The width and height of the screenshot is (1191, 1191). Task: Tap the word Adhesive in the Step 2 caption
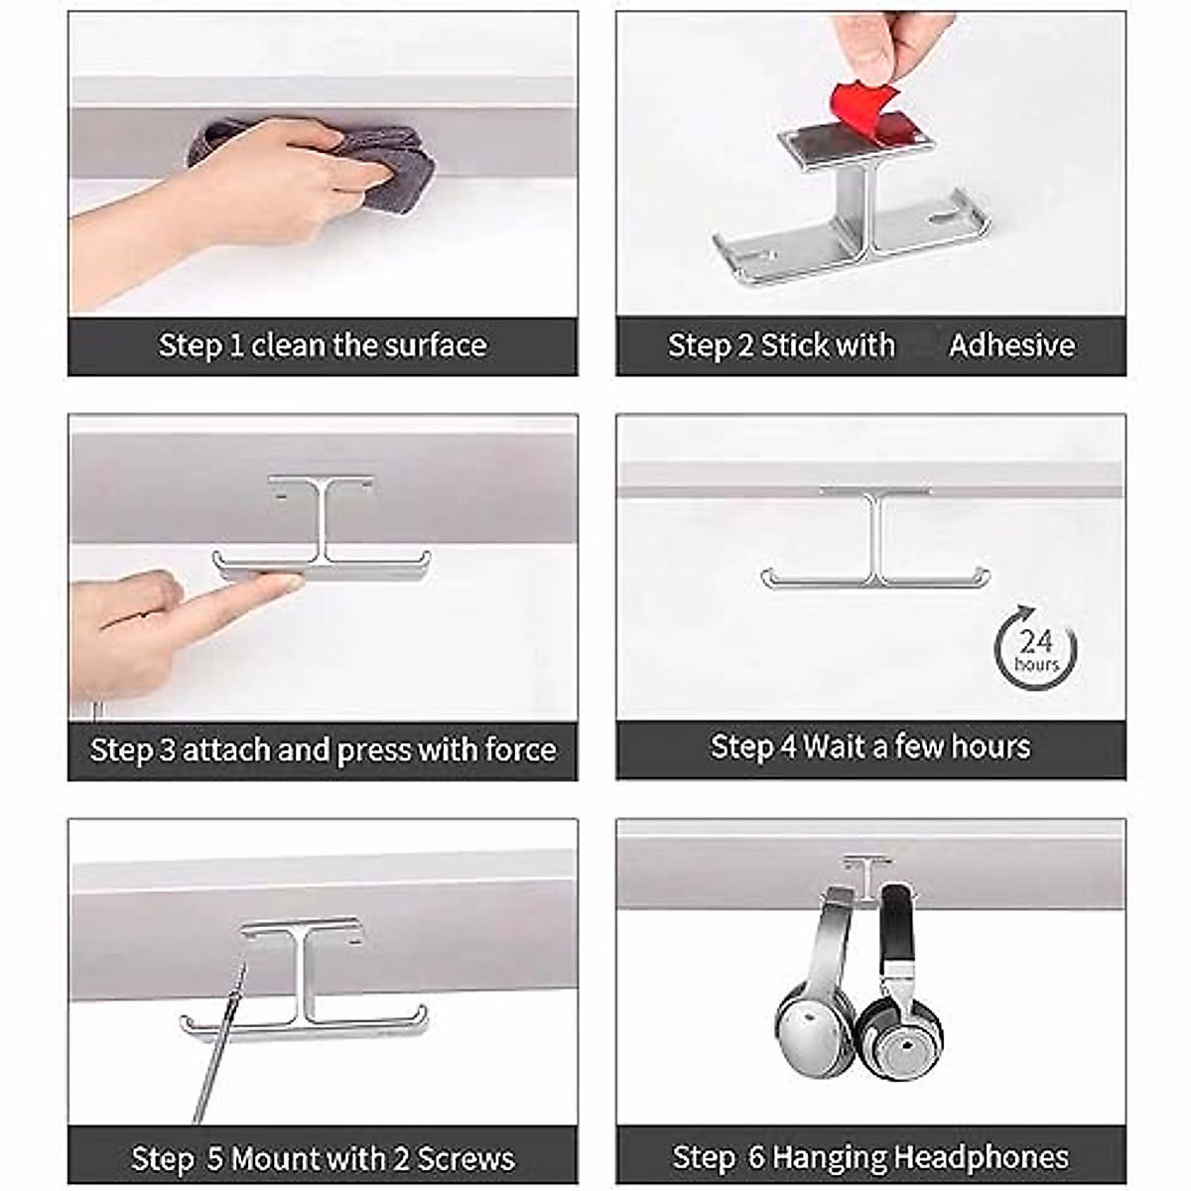point(1011,345)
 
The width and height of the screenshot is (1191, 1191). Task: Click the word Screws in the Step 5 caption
point(465,1158)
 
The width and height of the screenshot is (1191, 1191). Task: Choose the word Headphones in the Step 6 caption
point(982,1157)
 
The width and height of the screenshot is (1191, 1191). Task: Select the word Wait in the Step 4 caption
point(847,746)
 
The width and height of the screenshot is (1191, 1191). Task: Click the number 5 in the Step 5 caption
point(214,1158)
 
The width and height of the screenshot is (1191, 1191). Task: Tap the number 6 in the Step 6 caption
point(756,1157)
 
